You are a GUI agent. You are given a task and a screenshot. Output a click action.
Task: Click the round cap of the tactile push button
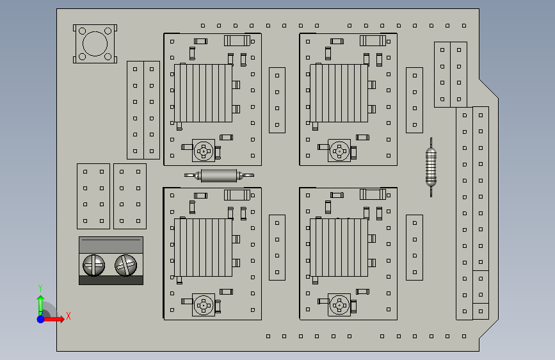point(95,44)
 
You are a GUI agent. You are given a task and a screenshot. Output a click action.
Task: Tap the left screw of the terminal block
point(94,265)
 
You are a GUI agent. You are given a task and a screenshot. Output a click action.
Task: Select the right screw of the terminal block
point(125,265)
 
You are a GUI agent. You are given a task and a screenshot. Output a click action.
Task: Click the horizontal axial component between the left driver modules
point(219,175)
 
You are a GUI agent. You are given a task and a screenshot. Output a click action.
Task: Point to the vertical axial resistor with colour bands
point(432,165)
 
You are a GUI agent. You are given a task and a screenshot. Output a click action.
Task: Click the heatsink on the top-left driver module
point(204,93)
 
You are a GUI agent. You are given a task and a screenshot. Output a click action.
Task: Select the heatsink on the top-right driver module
point(339,93)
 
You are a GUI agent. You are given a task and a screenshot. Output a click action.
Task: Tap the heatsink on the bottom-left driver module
point(204,247)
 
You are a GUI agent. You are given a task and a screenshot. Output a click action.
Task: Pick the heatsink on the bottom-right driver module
point(339,247)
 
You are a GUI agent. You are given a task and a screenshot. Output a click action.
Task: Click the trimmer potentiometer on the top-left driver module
point(204,151)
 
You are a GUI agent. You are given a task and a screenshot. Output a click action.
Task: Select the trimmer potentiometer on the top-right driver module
point(339,151)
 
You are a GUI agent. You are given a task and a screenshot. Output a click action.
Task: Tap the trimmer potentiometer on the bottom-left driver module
point(204,306)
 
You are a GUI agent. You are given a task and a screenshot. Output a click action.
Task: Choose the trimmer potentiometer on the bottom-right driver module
point(339,306)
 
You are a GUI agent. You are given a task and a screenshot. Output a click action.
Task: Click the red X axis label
point(68,315)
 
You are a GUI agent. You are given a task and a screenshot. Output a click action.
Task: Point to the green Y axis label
point(40,288)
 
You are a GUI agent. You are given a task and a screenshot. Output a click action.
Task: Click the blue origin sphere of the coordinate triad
point(40,318)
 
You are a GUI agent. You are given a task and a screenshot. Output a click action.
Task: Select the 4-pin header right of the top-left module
point(277,100)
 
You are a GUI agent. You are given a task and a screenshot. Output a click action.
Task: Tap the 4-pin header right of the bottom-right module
point(415,247)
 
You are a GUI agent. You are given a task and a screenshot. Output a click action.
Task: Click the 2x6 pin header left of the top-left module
point(143,110)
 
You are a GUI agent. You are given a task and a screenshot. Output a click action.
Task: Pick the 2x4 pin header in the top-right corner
point(451,74)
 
